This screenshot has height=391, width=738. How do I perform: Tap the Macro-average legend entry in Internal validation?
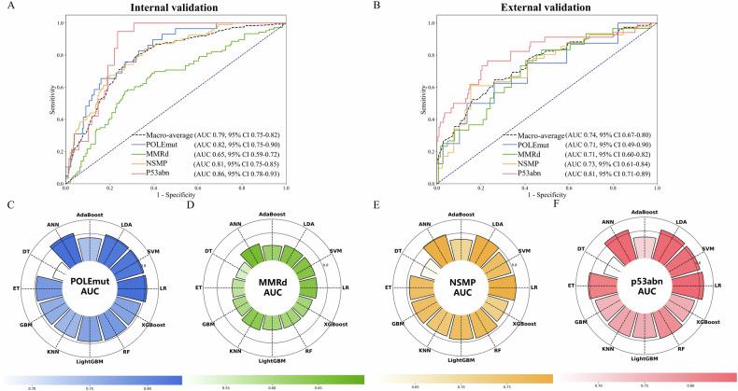pyautogui.click(x=168, y=135)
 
